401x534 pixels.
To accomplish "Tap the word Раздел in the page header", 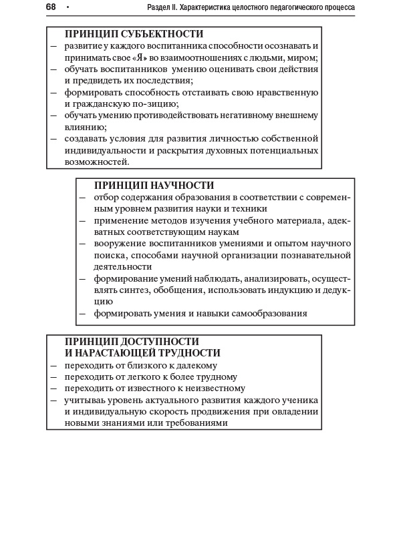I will pyautogui.click(x=160, y=7).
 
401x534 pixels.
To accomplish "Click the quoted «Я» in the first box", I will pyautogui.click(x=141, y=57).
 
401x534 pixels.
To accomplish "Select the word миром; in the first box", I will pyautogui.click(x=301, y=57).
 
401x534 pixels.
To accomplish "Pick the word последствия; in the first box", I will pyautogui.click(x=164, y=80).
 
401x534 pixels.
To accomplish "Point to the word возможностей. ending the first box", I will pyautogui.click(x=96, y=162).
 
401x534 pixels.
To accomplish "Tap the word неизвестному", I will pyautogui.click(x=213, y=388).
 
